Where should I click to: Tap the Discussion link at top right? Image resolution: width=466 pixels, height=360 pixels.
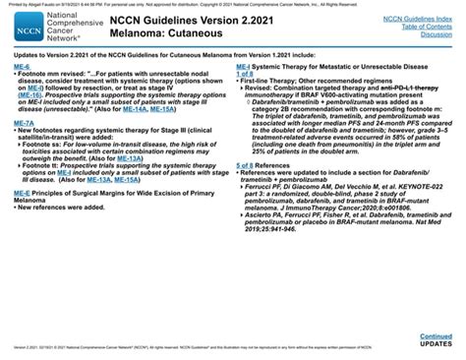coord(436,33)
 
